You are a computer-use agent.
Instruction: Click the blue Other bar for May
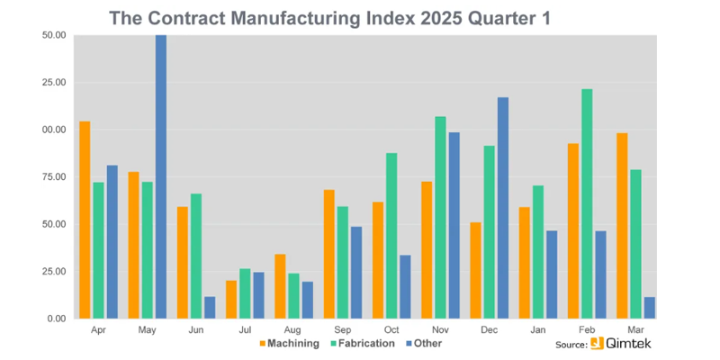(x=161, y=176)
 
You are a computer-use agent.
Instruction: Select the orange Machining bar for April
(x=85, y=220)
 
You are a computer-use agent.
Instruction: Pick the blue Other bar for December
(x=503, y=208)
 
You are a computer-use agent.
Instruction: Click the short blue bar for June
(x=210, y=307)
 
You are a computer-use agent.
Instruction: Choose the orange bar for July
(x=231, y=300)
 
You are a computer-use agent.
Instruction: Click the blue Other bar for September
(x=356, y=272)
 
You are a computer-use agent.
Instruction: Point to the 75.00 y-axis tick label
(x=54, y=177)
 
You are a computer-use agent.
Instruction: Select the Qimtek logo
(x=622, y=344)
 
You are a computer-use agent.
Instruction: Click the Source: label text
(x=571, y=345)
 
